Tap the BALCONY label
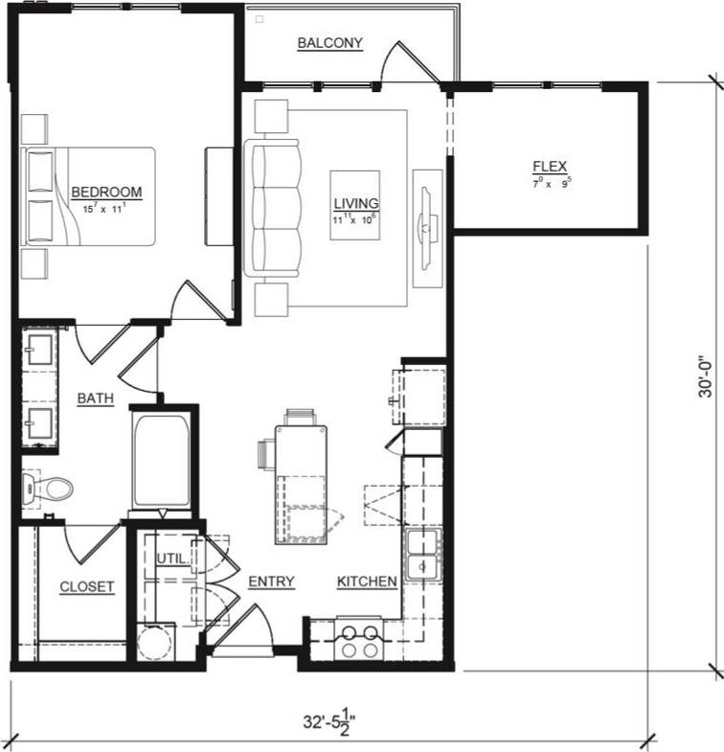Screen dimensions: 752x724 coord(329,43)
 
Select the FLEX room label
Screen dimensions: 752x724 coord(550,167)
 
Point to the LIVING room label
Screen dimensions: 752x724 coord(355,203)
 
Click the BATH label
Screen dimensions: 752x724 coord(97,398)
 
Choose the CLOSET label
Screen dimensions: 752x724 coord(87,586)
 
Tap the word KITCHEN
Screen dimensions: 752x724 coord(367,581)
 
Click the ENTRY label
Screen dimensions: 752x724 coord(271,581)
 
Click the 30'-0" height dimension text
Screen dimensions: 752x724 coord(705,376)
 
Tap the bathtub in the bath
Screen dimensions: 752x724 coord(160,461)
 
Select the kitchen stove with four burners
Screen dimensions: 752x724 coord(357,641)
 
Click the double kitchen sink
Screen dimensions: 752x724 coord(420,556)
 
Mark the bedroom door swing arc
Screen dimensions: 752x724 coord(196,298)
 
